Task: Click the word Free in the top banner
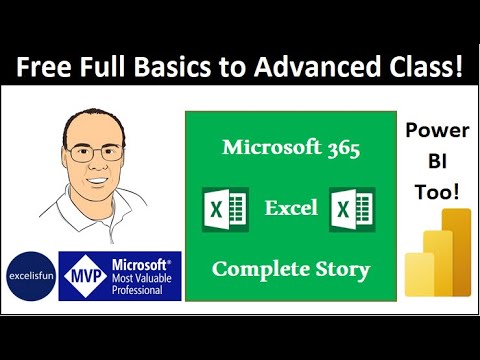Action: click(48, 67)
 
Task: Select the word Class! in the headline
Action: click(426, 67)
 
